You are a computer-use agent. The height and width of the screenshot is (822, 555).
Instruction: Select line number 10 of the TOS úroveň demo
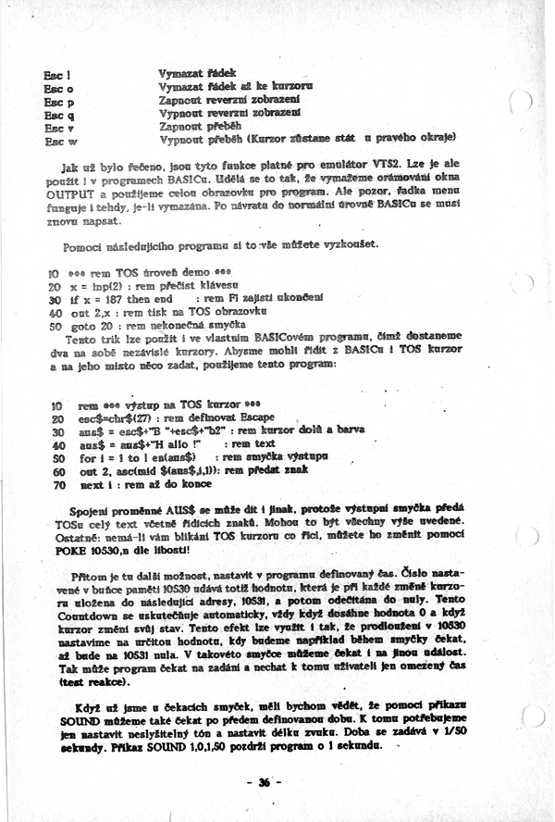tap(52, 274)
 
